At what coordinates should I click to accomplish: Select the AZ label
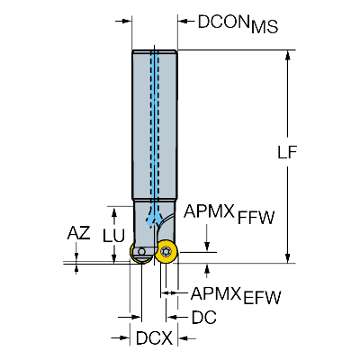pos(78,233)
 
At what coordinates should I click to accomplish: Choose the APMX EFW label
pos(236,294)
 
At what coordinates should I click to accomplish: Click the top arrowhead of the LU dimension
pos(114,211)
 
